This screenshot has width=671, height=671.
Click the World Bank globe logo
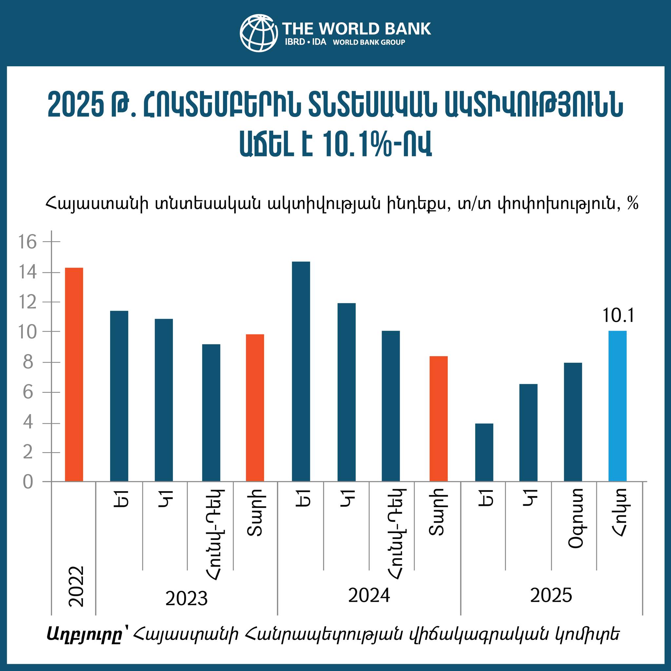pyautogui.click(x=259, y=33)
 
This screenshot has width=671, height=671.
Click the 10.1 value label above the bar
pyautogui.click(x=618, y=316)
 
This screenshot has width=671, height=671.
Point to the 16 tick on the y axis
pyautogui.click(x=28, y=242)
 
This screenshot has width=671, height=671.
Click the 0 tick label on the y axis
pyautogui.click(x=28, y=482)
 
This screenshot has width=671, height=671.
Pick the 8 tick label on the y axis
pyautogui.click(x=28, y=363)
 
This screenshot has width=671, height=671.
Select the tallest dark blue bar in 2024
pyautogui.click(x=301, y=371)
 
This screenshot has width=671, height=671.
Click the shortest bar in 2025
pyautogui.click(x=484, y=452)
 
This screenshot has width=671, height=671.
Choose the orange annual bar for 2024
pyautogui.click(x=438, y=418)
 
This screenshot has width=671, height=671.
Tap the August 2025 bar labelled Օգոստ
pyautogui.click(x=573, y=422)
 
